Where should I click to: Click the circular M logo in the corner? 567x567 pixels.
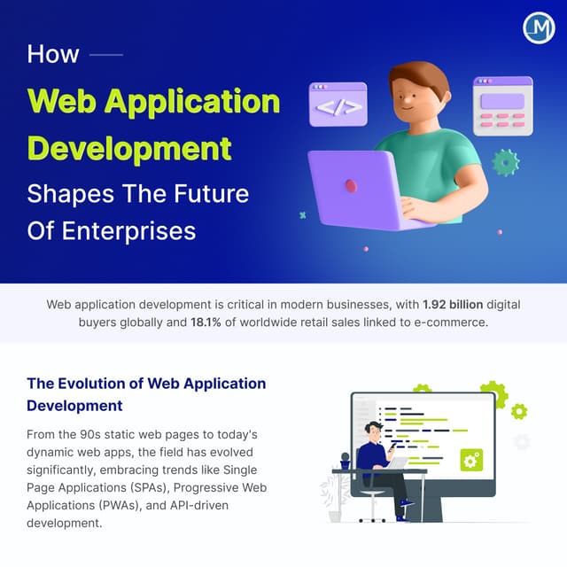tap(539, 27)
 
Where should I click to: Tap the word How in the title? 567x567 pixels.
tap(53, 53)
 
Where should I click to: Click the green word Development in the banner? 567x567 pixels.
tap(129, 146)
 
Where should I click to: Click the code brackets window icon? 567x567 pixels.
tap(338, 105)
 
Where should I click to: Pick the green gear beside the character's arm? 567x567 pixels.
tap(505, 162)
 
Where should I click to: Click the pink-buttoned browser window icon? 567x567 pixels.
tap(502, 105)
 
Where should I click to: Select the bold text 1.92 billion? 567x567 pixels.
tap(453, 304)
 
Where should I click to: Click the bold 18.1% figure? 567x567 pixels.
tap(208, 322)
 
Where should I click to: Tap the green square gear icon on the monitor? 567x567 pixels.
tap(471, 460)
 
